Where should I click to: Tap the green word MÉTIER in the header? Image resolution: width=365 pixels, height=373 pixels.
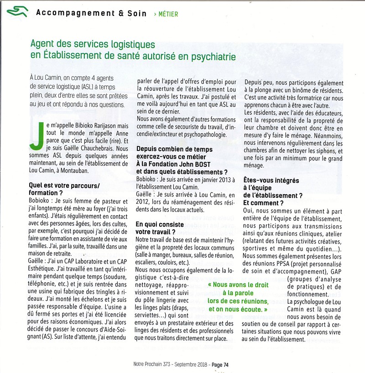168,14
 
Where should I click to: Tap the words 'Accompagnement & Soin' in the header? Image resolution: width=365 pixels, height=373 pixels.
91,13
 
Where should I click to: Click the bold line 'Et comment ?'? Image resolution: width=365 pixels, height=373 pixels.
263,203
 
